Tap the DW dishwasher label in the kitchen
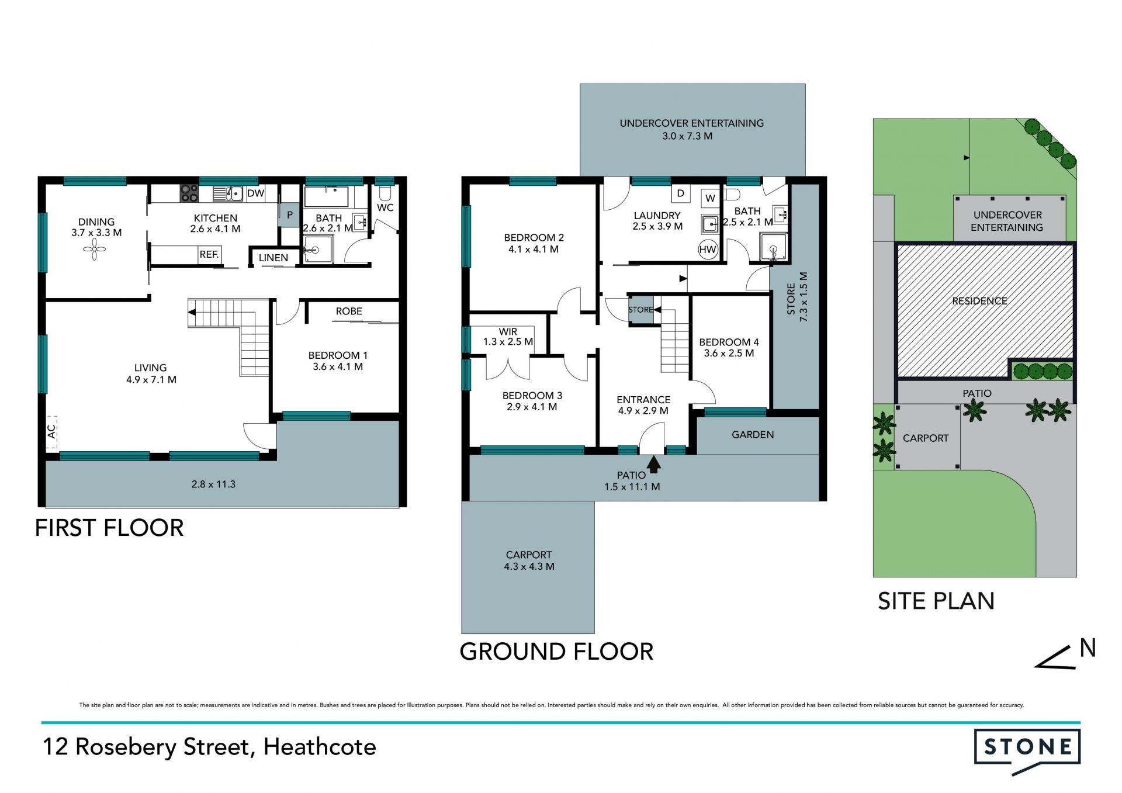[x=255, y=193]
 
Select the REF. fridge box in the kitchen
[x=209, y=255]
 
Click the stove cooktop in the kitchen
[x=189, y=193]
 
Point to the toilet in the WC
[x=385, y=193]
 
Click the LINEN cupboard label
[x=273, y=258]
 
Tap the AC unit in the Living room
[x=51, y=432]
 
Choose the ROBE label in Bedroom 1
[x=349, y=311]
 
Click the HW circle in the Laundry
[x=708, y=250]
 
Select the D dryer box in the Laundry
[x=681, y=193]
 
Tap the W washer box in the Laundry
[x=710, y=198]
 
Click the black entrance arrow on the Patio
[x=654, y=464]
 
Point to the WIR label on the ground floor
[x=508, y=332]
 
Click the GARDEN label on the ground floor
[x=753, y=435]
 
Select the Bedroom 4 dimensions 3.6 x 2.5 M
[x=729, y=354]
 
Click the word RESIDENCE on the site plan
[x=979, y=301]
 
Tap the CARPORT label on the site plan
[x=926, y=438]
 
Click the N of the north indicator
[x=1088, y=648]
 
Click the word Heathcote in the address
[x=320, y=747]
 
